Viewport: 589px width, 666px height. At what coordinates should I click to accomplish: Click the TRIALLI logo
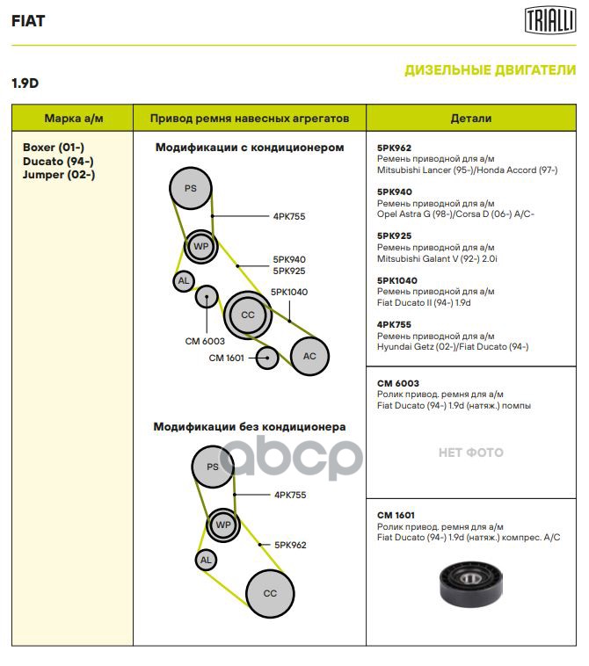point(550,20)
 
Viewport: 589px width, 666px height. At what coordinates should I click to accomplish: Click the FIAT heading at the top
point(28,21)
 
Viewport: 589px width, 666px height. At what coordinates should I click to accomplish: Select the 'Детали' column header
point(470,118)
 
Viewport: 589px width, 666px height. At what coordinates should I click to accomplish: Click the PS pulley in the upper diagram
point(191,189)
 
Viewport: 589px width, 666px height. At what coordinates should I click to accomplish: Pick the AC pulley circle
point(309,356)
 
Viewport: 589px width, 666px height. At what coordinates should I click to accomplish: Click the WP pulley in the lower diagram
point(222,525)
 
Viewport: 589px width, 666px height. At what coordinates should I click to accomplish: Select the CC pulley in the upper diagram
point(247,315)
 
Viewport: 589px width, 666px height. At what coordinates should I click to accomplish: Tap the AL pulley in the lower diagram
point(206,560)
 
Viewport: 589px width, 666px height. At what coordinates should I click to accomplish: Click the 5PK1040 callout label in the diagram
point(289,292)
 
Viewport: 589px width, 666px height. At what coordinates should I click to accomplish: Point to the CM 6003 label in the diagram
point(205,341)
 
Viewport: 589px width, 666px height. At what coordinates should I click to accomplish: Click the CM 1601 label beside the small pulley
point(227,358)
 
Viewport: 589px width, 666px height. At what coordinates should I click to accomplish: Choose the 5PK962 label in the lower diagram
point(290,545)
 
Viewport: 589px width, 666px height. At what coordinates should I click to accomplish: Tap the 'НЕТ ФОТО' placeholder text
point(470,452)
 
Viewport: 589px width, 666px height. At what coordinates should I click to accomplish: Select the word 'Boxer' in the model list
point(39,148)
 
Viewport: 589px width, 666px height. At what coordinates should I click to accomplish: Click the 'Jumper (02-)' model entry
point(58,174)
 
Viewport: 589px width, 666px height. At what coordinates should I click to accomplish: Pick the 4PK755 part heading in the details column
point(394,324)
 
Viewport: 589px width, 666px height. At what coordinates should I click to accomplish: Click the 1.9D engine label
point(25,83)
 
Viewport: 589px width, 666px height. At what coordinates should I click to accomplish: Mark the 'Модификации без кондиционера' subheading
point(250,427)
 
